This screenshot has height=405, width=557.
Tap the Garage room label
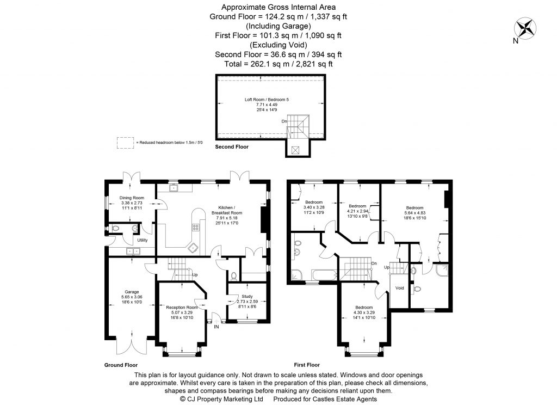click(x=132, y=291)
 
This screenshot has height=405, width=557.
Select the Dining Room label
click(x=132, y=198)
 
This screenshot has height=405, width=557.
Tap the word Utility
click(x=143, y=240)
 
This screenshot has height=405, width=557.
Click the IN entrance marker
click(x=216, y=327)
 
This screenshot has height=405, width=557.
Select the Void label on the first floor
click(x=400, y=288)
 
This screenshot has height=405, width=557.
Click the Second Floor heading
click(x=232, y=147)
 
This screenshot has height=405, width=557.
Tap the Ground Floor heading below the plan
click(x=121, y=365)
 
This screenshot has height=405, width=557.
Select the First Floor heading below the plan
click(x=307, y=365)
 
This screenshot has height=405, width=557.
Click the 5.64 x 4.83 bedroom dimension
click(x=414, y=213)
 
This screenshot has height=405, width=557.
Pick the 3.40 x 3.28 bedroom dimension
click(x=314, y=207)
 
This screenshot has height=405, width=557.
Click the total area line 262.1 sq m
click(x=278, y=64)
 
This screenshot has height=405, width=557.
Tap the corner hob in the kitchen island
click(x=193, y=247)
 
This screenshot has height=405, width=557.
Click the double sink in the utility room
click(x=133, y=251)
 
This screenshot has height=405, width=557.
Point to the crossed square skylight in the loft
click(x=295, y=150)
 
